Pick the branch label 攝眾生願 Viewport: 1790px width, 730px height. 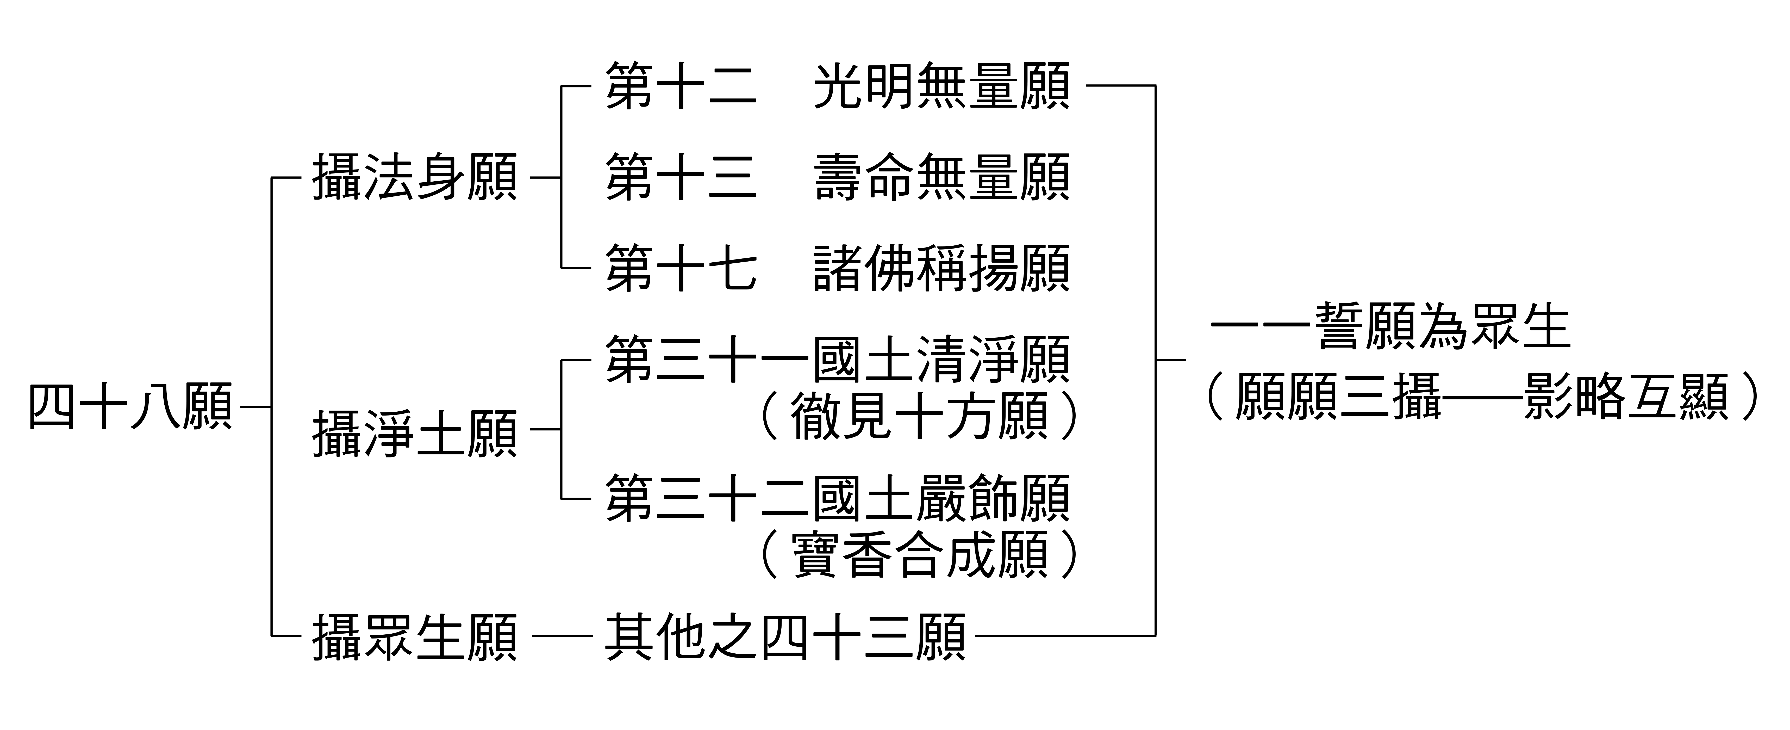tap(415, 636)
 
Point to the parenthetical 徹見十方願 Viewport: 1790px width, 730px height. tap(919, 417)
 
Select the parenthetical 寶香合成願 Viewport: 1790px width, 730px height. tap(919, 555)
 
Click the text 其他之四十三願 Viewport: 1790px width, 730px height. tap(785, 636)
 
